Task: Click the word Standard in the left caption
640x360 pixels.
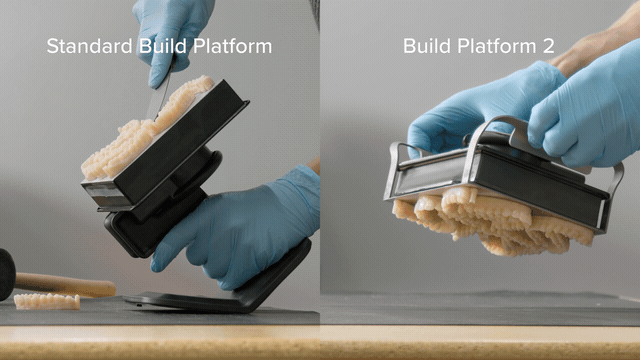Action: click(x=89, y=46)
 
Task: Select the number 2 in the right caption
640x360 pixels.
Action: click(x=549, y=46)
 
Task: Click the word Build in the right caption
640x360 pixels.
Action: click(x=427, y=46)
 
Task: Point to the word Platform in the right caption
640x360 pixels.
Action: click(x=496, y=46)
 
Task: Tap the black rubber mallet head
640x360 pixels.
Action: click(x=7, y=274)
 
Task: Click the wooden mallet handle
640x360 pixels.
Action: click(x=65, y=284)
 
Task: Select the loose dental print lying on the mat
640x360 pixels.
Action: click(x=47, y=301)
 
